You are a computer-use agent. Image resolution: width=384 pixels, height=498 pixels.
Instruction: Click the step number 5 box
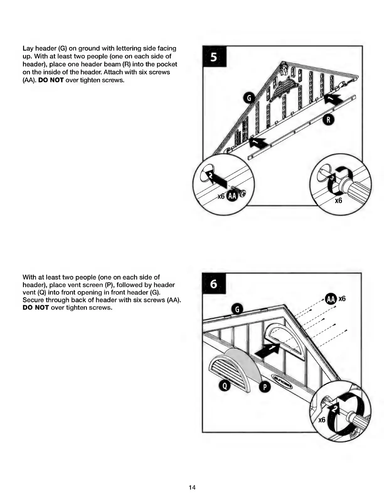point(214,57)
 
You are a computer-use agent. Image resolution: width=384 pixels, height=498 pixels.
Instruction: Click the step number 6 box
point(214,284)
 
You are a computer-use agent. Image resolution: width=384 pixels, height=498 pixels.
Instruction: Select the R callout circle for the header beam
point(328,120)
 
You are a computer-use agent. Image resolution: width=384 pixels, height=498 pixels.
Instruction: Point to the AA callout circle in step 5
point(232,196)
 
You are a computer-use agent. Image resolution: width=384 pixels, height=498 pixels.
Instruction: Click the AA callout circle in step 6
point(331,299)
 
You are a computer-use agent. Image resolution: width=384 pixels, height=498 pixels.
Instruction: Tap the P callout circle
point(264,387)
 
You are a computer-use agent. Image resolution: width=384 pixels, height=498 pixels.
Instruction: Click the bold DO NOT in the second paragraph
point(36,307)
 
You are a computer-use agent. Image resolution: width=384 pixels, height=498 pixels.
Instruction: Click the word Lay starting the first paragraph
point(28,49)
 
